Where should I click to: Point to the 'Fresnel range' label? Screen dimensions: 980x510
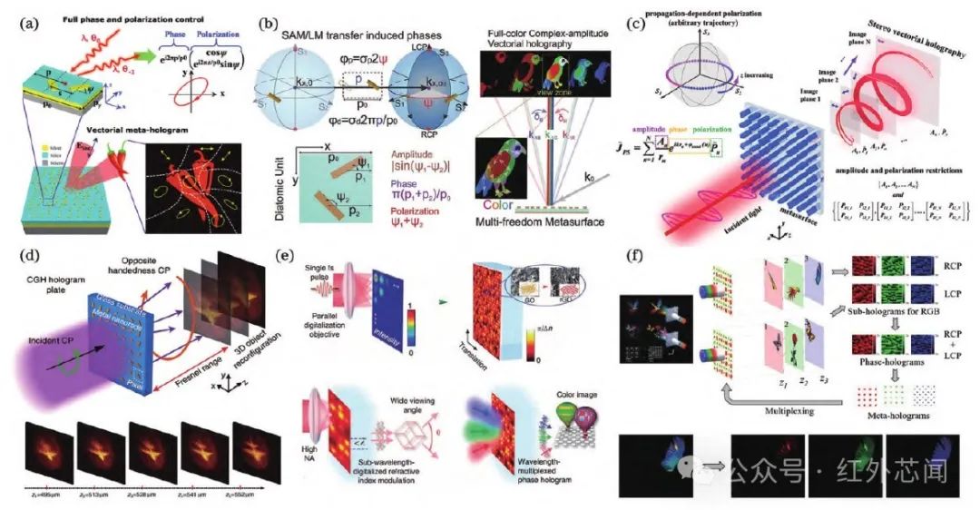[205, 363]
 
